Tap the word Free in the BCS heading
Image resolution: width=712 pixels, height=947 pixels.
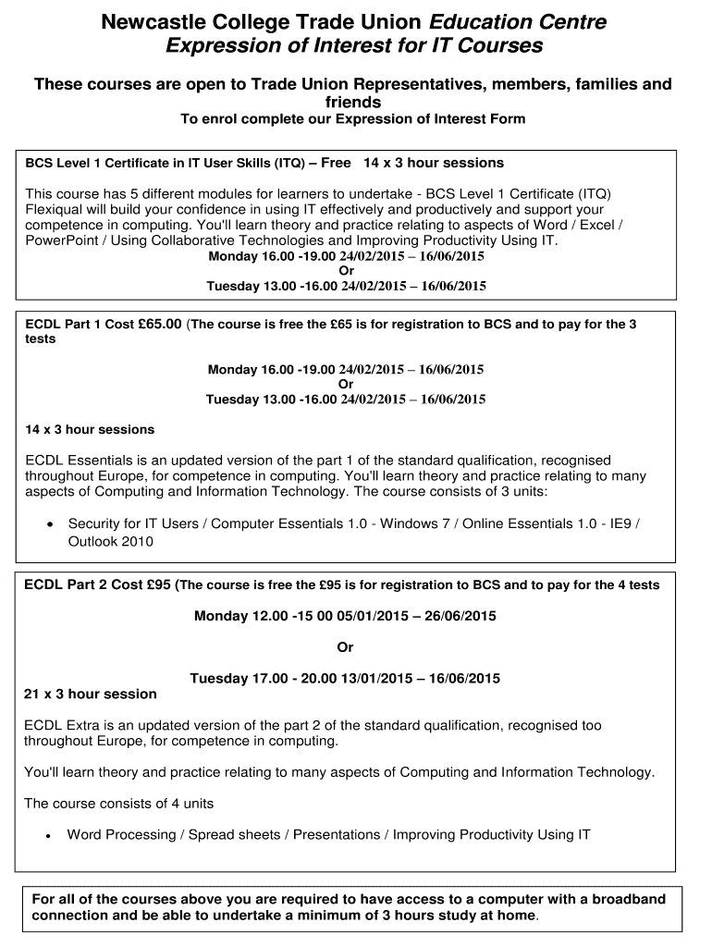tap(336, 163)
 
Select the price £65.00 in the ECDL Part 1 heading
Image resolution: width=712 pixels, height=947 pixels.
tap(159, 325)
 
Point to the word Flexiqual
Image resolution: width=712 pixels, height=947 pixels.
tap(55, 209)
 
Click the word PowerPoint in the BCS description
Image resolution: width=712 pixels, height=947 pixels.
tap(58, 240)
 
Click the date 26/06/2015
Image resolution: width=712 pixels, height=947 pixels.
tap(461, 616)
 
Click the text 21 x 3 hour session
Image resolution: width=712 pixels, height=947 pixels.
tap(91, 694)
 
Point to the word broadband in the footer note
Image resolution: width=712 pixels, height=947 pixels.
tap(630, 899)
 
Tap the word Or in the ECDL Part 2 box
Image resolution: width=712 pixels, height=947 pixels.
tap(345, 647)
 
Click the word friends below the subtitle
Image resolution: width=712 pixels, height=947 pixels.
tap(353, 102)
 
